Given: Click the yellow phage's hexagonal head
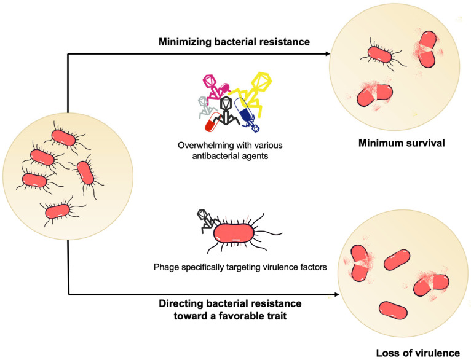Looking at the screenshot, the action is [261, 81].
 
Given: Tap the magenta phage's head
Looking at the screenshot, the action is [209, 80].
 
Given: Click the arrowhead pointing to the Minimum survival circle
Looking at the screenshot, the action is [328, 53].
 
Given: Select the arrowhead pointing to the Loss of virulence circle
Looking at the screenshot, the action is [336, 294].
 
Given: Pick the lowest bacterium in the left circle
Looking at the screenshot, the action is [58, 211].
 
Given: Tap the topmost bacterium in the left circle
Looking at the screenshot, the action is [64, 138].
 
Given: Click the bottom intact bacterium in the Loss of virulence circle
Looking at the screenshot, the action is [393, 310].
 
